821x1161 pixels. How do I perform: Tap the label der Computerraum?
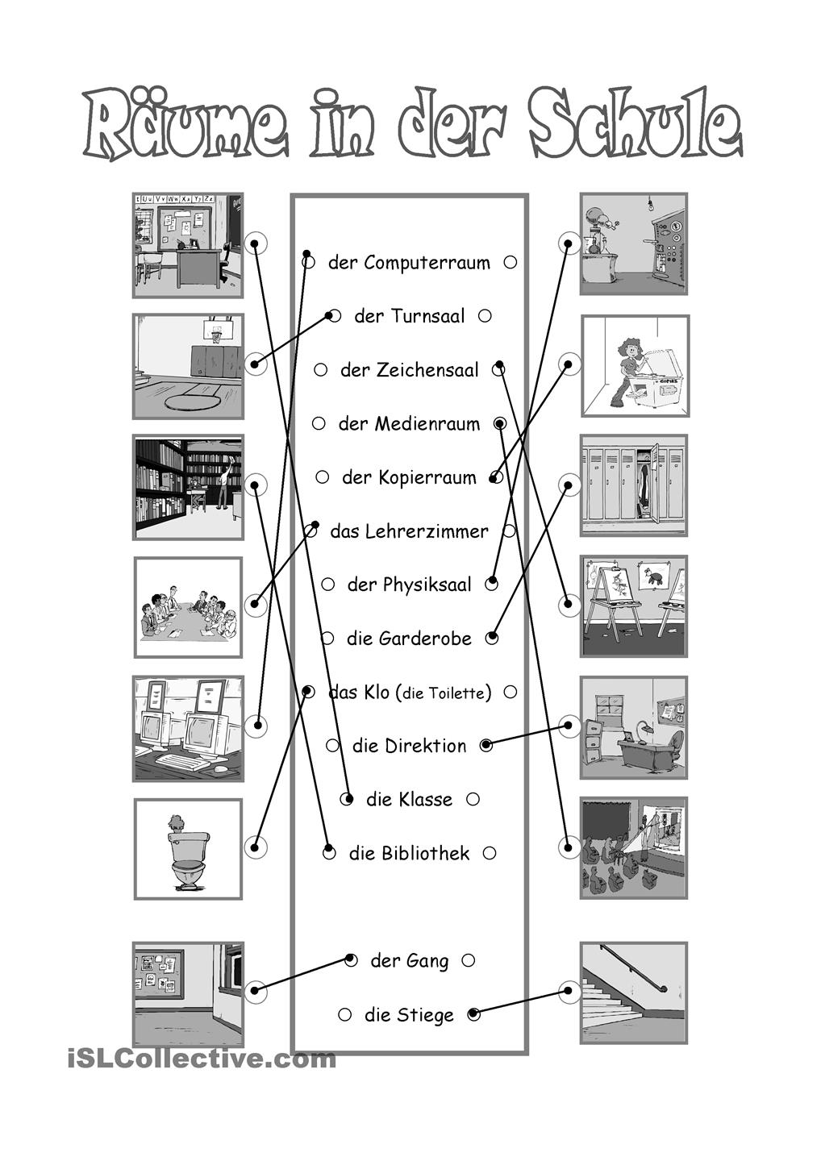coord(409,263)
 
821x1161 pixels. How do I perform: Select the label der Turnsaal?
coord(410,316)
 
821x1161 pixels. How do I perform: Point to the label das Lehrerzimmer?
coord(409,531)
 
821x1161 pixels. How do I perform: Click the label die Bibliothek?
coord(409,853)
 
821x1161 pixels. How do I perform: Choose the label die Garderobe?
coord(409,639)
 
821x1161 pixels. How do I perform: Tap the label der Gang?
coord(409,960)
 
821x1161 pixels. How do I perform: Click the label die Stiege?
coord(409,1014)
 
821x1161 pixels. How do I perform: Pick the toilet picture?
coord(188,849)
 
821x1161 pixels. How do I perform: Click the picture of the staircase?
coord(633,992)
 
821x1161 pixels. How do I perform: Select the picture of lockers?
coord(634,485)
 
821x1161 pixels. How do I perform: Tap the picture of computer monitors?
coord(188,728)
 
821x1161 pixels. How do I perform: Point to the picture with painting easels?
coord(634,606)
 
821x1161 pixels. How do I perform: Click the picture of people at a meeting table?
coord(188,607)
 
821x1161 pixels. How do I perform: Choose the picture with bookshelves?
coord(188,487)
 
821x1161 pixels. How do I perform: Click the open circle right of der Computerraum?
coord(510,262)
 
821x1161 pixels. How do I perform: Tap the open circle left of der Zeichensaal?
coord(321,370)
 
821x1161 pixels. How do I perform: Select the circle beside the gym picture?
coord(256,364)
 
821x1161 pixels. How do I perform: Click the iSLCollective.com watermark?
coord(202,1058)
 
